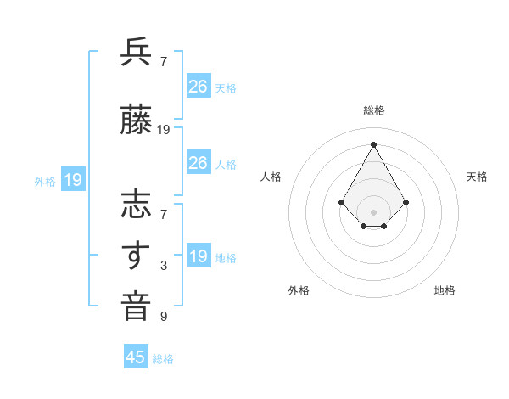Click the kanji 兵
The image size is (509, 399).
[x=136, y=53]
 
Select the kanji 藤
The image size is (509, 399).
[x=136, y=121]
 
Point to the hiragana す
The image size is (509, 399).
[x=136, y=256]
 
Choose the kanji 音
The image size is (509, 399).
[x=136, y=306]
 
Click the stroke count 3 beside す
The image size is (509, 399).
[x=164, y=267]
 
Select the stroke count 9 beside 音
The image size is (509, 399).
[x=164, y=317]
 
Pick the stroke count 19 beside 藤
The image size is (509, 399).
[x=164, y=130]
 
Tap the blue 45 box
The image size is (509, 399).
[x=136, y=357]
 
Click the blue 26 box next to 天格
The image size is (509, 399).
[x=199, y=87]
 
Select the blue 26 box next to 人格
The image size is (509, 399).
[x=199, y=163]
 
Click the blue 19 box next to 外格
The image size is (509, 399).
[x=73, y=180]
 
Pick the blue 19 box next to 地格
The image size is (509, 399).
[x=199, y=256]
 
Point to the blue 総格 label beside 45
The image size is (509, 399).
[x=163, y=359]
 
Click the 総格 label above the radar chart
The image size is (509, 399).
[x=374, y=110]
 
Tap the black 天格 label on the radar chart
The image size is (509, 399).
[x=478, y=177]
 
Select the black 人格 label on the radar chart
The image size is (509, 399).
[x=271, y=177]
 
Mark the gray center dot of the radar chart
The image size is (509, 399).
[x=374, y=211]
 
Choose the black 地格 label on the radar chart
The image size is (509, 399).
[x=445, y=290]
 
